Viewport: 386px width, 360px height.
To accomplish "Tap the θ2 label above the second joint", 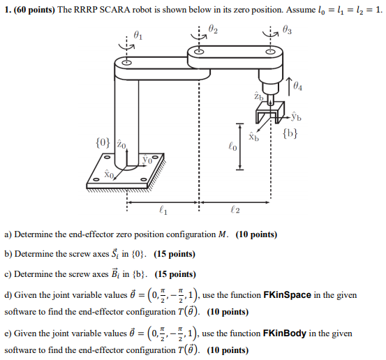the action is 213,30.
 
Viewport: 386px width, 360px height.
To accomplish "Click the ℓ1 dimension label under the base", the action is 163,207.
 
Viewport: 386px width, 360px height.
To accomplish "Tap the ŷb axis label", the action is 296,117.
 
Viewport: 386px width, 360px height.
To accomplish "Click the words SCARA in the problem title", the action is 115,10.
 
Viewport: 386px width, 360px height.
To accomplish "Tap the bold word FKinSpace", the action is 291,295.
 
